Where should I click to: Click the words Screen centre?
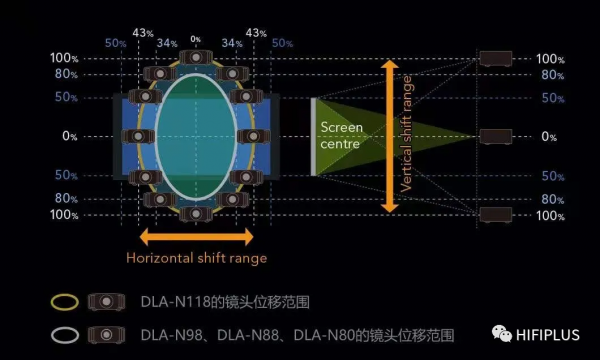point(341,135)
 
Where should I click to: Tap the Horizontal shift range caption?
point(196,257)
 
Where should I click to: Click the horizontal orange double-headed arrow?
point(196,237)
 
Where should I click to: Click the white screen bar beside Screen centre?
point(313,135)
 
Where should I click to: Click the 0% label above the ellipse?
point(195,39)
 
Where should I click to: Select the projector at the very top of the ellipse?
point(195,57)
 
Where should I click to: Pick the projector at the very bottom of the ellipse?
point(195,214)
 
